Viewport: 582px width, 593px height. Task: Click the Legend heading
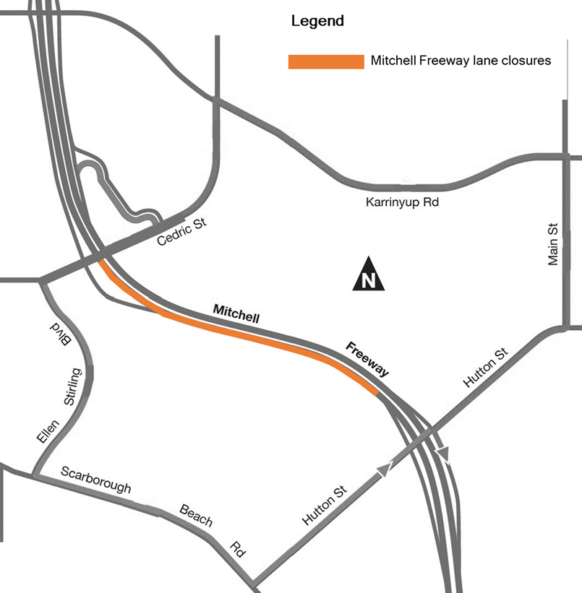pos(317,21)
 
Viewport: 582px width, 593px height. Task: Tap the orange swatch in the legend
pos(326,62)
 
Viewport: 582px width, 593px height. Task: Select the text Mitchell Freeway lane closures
pos(461,61)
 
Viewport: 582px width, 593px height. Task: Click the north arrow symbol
pos(369,274)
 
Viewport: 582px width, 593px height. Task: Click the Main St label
pos(554,243)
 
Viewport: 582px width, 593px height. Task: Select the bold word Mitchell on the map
pos(236,313)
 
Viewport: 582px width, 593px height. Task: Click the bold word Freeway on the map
pos(367,358)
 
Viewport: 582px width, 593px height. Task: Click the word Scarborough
pos(96,480)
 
